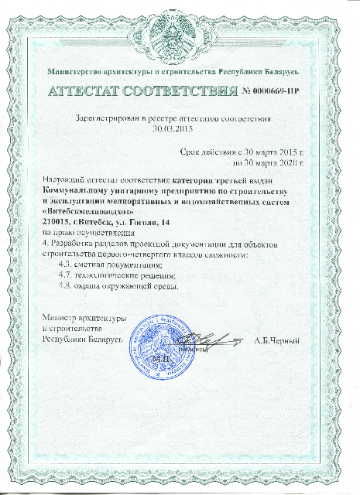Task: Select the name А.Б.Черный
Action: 276,340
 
